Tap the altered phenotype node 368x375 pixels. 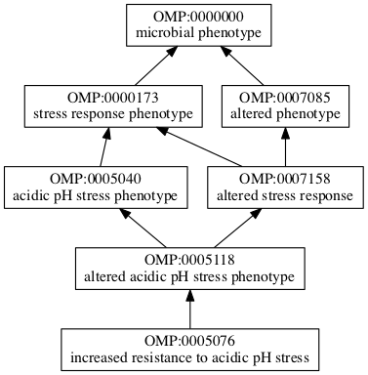tap(284, 106)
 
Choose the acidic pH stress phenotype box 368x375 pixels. tap(96, 187)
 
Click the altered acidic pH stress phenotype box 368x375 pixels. tap(189, 269)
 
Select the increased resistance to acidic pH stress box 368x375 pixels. tap(189, 350)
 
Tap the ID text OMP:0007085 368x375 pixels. tap(284, 98)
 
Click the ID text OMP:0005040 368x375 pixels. tap(96, 179)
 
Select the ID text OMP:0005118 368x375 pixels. tap(189, 260)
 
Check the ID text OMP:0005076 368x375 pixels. tap(189, 341)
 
